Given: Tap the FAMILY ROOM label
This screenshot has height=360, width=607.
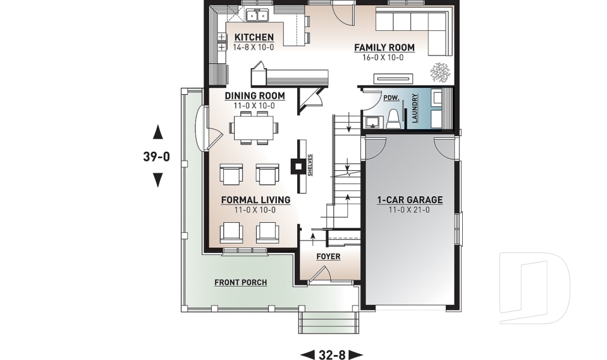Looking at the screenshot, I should (x=384, y=47).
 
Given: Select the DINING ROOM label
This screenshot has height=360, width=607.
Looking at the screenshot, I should (x=255, y=96).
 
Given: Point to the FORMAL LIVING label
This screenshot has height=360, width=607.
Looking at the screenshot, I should (x=255, y=200).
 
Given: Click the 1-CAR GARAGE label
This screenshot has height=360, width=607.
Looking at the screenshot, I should (x=410, y=200).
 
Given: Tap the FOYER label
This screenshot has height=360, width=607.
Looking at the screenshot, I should (x=328, y=256).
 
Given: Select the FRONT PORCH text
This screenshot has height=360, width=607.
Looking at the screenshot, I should (x=240, y=282).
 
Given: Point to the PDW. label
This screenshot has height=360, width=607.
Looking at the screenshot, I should (x=389, y=99).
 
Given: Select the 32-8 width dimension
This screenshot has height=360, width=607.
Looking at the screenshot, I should (x=331, y=355).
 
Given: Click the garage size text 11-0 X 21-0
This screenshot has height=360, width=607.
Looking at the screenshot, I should (x=410, y=209).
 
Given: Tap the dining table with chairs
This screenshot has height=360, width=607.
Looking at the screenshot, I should (x=252, y=127).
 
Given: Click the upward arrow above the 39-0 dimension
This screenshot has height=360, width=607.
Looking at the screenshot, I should (x=158, y=132).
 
